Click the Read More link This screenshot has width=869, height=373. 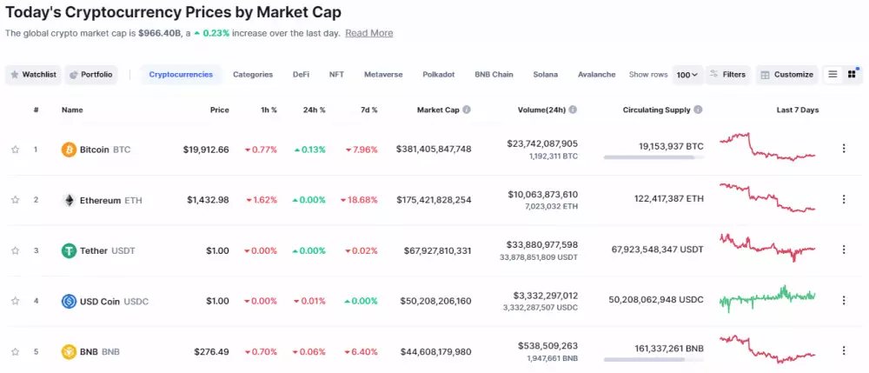point(368,33)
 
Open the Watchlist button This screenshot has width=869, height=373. point(33,75)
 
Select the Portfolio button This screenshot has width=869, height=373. point(90,75)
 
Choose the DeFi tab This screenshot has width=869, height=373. point(301,75)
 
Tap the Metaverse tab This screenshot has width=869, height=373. point(383,75)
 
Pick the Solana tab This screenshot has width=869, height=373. point(546,75)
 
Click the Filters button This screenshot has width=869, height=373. point(727,75)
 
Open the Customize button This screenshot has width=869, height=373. point(786,75)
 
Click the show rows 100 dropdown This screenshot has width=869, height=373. point(687,75)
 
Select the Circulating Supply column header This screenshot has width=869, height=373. point(657,110)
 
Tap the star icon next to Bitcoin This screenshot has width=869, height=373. point(15,150)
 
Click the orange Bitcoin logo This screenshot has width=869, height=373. point(69,150)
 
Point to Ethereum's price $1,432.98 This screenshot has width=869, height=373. point(208,200)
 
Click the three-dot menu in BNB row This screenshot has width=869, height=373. point(843,351)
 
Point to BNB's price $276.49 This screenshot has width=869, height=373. point(211,351)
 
